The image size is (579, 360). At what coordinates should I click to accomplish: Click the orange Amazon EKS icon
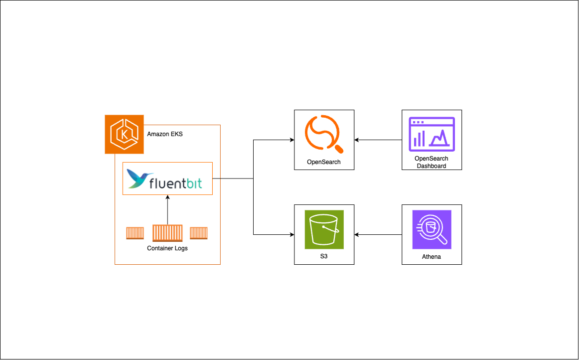(124, 134)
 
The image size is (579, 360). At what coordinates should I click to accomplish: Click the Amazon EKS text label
(165, 134)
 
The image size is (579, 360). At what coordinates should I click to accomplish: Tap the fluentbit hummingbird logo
(139, 178)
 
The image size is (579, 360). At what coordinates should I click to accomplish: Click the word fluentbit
(175, 183)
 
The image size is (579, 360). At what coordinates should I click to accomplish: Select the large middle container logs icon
(167, 233)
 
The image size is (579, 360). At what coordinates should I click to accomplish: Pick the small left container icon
(135, 233)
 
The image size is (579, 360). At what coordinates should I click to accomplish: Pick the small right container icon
(199, 233)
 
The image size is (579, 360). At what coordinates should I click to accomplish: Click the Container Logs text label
(167, 248)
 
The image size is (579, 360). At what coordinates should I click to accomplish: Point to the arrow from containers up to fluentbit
(167, 209)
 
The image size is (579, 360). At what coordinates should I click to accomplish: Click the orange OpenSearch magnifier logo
(324, 134)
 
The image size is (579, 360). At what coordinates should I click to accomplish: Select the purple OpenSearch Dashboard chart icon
(432, 134)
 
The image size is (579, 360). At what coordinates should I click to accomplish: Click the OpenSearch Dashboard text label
(432, 162)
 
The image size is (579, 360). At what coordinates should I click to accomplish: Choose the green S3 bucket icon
(324, 229)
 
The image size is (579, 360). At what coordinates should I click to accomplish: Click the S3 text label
(324, 257)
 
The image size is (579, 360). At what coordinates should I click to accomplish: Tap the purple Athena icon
(432, 229)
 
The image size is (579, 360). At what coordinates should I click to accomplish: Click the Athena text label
(432, 257)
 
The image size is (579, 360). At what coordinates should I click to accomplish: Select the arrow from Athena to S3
(379, 234)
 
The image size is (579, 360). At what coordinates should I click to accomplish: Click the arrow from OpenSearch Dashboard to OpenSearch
(379, 140)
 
